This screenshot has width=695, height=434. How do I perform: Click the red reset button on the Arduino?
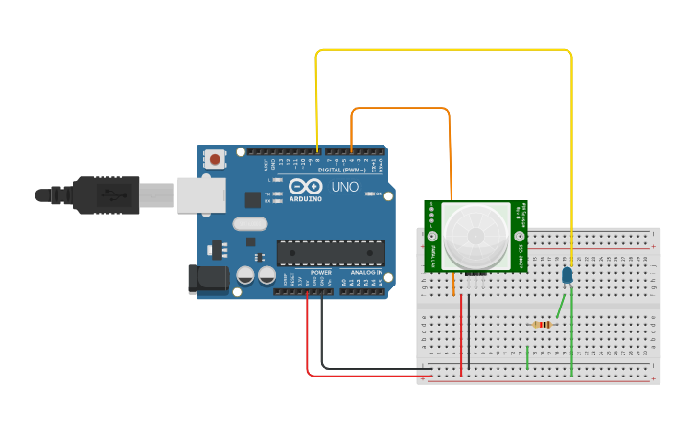[x=216, y=159]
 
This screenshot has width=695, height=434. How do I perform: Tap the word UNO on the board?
[x=345, y=187]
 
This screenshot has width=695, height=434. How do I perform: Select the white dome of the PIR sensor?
[x=475, y=235]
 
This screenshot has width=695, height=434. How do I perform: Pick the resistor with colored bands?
[x=543, y=325]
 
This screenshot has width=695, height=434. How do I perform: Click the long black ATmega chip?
[x=331, y=253]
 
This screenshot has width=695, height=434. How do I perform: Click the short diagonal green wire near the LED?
[x=560, y=305]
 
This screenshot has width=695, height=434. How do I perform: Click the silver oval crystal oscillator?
[x=249, y=226]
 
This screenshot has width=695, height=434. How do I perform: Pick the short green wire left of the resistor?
[x=527, y=357]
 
